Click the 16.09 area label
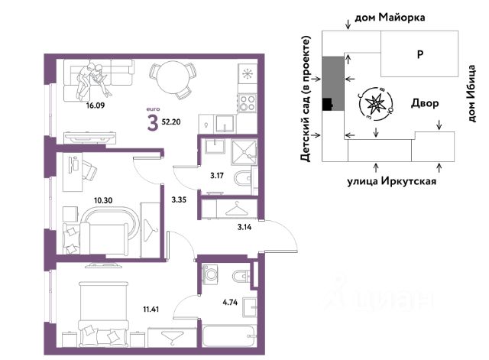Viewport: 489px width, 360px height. [96, 105]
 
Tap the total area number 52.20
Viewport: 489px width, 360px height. [171, 122]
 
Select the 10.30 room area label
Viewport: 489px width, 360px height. [103, 200]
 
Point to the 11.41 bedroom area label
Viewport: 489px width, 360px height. [151, 310]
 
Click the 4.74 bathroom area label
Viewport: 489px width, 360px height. [230, 302]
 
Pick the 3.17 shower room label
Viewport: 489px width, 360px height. [217, 176]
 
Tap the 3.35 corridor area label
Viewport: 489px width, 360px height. [179, 199]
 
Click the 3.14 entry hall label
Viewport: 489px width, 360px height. [244, 227]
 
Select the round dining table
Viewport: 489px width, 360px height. [171, 76]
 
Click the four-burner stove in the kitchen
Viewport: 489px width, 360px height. [248, 104]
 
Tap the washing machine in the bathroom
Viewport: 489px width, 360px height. [211, 274]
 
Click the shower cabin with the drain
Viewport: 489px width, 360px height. [244, 152]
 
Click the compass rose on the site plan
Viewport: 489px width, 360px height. [375, 104]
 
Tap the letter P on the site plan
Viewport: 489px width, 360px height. [420, 54]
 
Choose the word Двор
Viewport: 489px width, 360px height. [425, 103]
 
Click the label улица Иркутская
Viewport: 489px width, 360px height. [392, 181]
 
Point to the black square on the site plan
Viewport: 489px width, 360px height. [327, 104]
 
